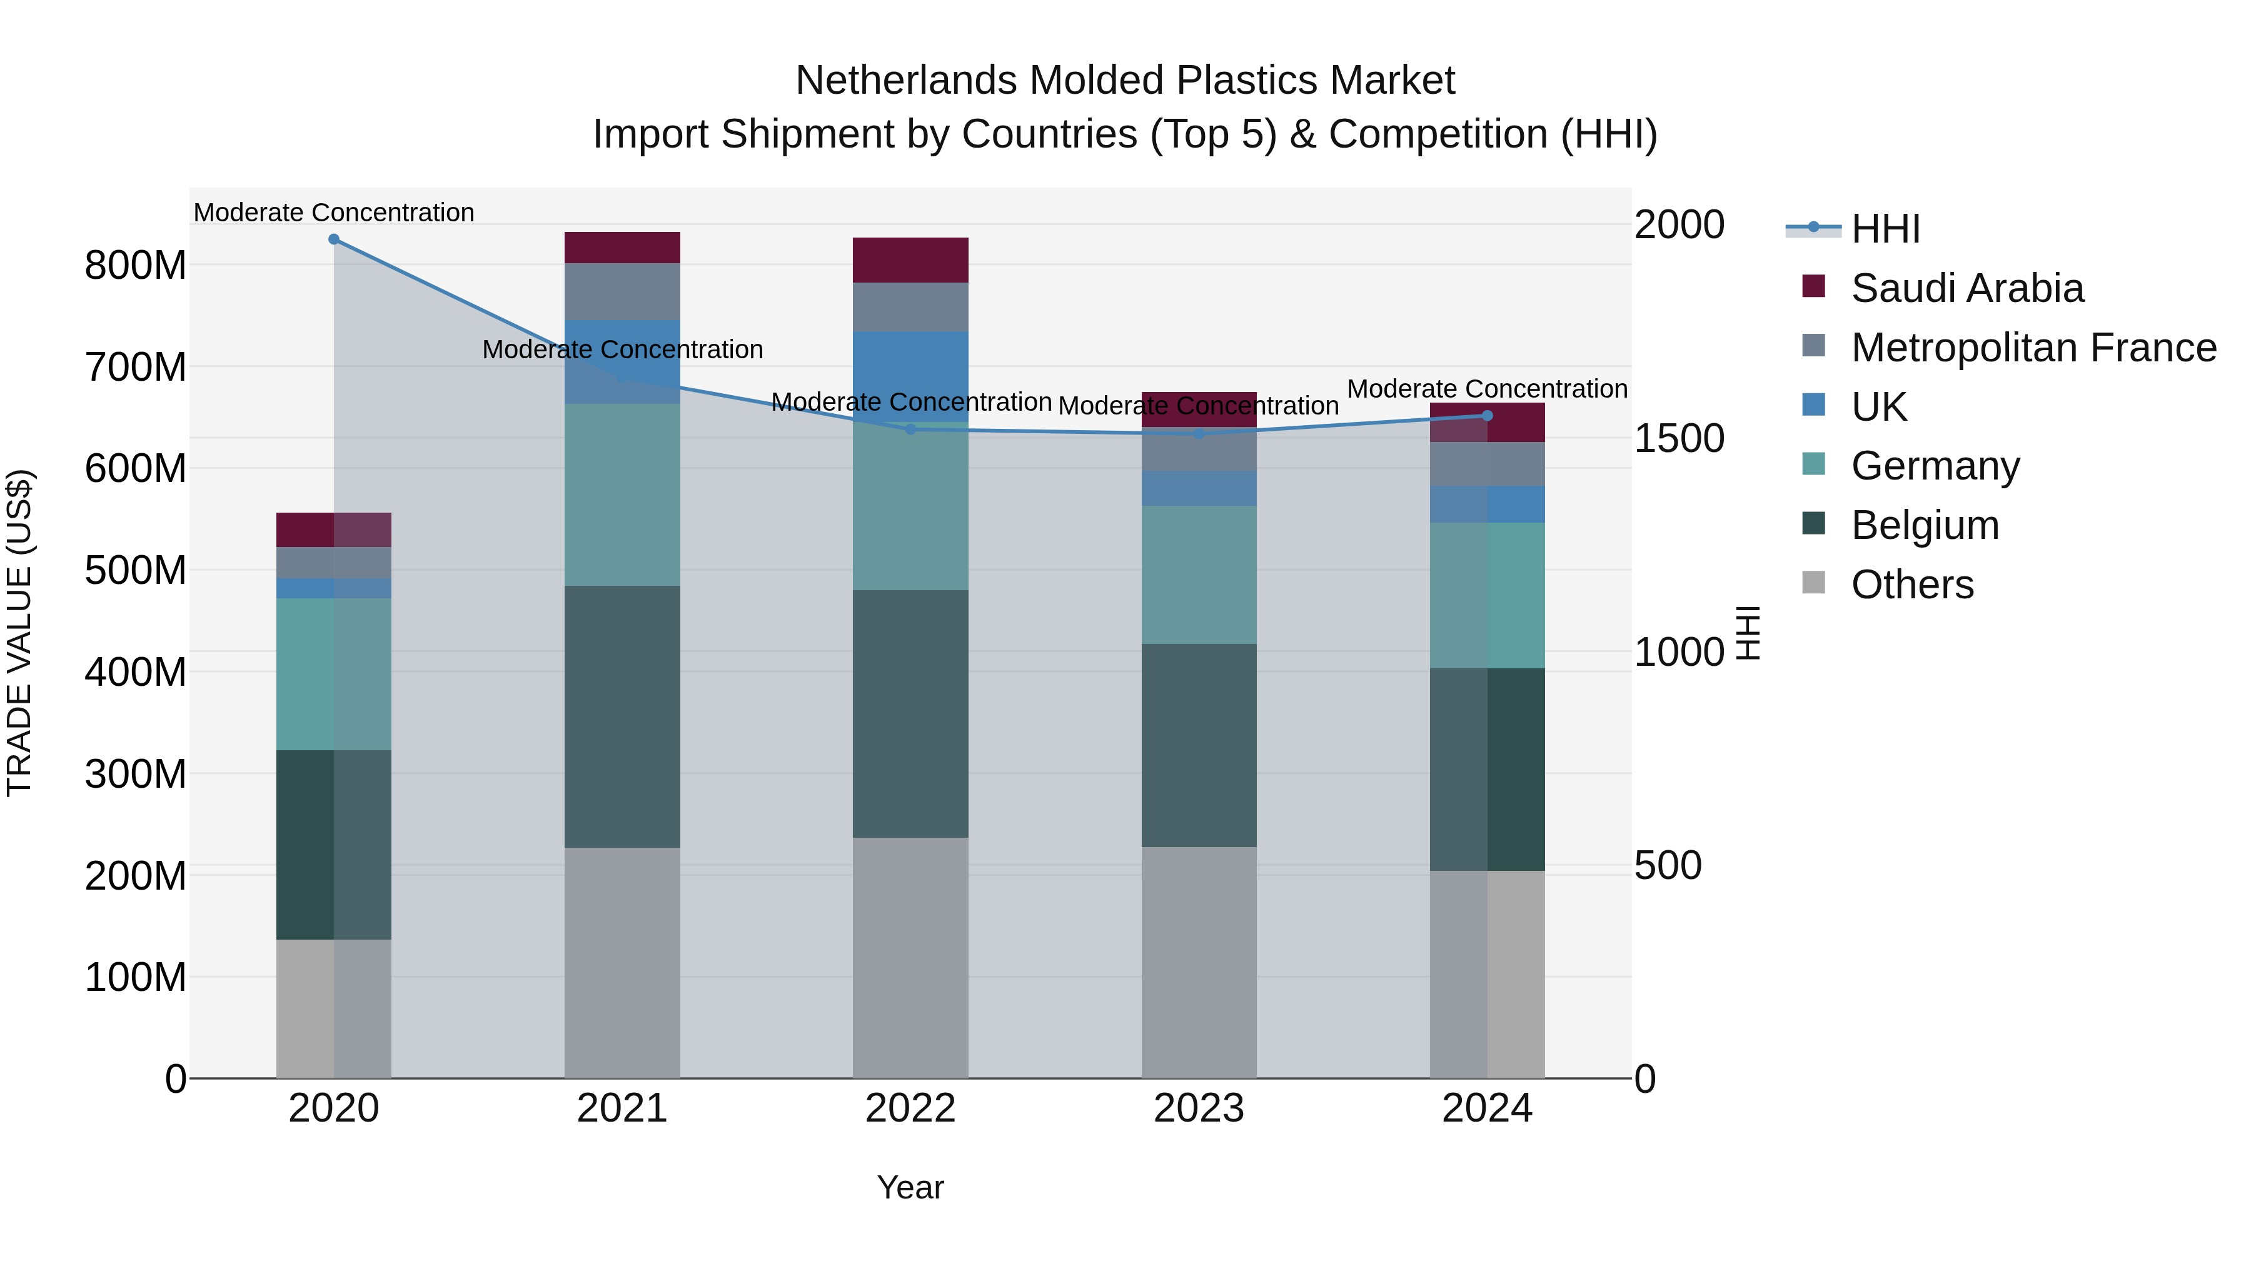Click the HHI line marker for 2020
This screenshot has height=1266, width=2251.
(334, 239)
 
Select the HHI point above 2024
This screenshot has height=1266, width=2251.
(1488, 416)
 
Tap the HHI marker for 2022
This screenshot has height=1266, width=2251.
(910, 429)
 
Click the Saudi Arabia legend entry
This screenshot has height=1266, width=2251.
(1966, 288)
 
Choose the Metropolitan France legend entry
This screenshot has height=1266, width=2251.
(2033, 348)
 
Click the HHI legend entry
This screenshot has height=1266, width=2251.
(1885, 229)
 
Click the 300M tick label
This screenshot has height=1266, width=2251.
(136, 774)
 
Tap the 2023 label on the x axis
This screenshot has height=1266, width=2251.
(1199, 1108)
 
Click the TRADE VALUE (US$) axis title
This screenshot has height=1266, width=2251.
(19, 633)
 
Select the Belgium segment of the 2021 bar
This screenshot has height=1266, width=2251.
(622, 716)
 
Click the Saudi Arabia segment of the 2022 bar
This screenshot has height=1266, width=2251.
(910, 259)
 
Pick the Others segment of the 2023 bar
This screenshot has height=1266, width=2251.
(1199, 961)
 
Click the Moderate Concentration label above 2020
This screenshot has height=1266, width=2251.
(334, 213)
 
